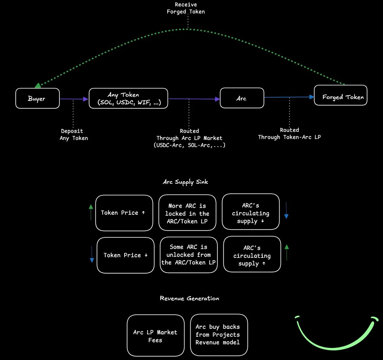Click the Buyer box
[x=37, y=98]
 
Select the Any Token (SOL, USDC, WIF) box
[x=128, y=98]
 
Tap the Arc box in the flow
[x=242, y=98]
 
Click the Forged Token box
[x=341, y=95]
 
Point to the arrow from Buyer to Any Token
[x=74, y=99]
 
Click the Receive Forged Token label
[x=186, y=8]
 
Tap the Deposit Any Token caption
[x=73, y=135]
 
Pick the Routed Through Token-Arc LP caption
[x=289, y=134]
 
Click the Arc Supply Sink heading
[x=185, y=182]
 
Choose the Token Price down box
[x=125, y=255]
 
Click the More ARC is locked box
[x=187, y=213]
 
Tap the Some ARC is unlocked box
[x=189, y=255]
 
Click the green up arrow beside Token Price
[x=91, y=212]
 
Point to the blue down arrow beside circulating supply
[x=286, y=210]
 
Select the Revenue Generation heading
[x=189, y=298]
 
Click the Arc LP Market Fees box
[x=155, y=336]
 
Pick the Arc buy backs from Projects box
[x=219, y=335]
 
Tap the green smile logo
[x=334, y=337]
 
